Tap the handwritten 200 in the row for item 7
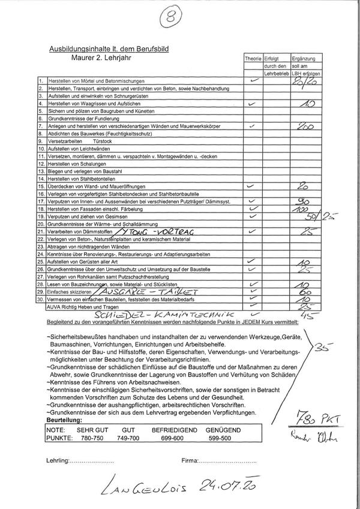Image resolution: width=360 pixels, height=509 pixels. [306, 126]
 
